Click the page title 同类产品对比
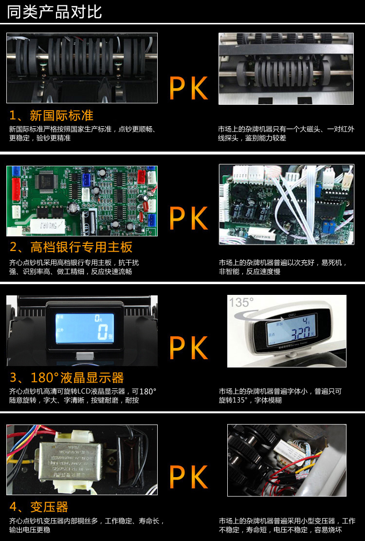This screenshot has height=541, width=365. coord(54,12)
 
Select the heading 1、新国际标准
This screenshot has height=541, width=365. coord(52,116)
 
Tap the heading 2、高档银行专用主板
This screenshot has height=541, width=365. coord(71,247)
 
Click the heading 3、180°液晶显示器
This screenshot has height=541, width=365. coord(67,377)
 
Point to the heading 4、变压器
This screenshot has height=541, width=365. coord(38,507)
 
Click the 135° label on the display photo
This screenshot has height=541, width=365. coord(241,303)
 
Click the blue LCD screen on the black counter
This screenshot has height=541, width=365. coord(85,328)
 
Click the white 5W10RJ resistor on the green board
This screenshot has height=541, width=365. coord(48,226)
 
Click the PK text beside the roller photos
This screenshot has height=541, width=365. coord(188,88)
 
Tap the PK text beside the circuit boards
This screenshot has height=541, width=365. coord(188,218)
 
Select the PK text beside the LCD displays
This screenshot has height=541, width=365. coord(188,348)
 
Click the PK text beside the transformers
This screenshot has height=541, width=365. coord(188,477)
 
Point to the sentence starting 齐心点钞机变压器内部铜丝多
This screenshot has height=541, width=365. coord(87,525)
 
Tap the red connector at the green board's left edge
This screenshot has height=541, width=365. coord(16,189)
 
